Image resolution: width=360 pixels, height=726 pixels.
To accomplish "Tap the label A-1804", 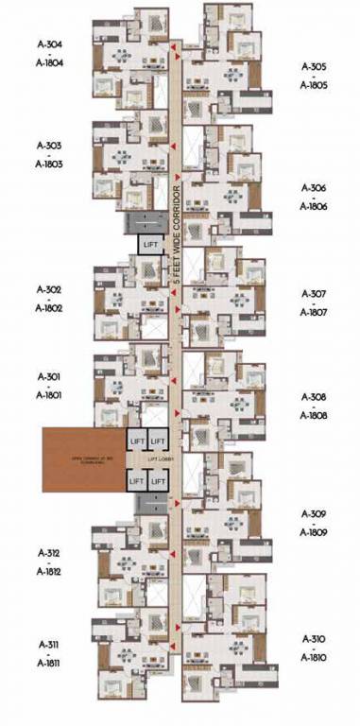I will tap(48, 62).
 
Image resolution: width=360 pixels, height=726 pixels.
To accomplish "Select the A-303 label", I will tap(48, 146).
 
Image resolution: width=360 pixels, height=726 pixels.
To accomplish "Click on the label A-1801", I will tap(48, 396).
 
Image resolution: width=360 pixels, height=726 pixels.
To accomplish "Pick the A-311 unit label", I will tap(48, 645).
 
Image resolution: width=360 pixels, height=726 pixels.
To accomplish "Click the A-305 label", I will tap(314, 67).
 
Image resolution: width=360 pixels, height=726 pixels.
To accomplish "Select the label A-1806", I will tap(314, 206).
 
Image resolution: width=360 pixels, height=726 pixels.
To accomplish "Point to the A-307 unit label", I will tap(314, 294).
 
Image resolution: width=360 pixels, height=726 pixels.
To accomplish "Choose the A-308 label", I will tap(314, 397).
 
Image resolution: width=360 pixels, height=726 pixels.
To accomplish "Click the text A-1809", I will tap(314, 532).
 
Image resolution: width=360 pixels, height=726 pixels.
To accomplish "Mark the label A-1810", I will tap(314, 657).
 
